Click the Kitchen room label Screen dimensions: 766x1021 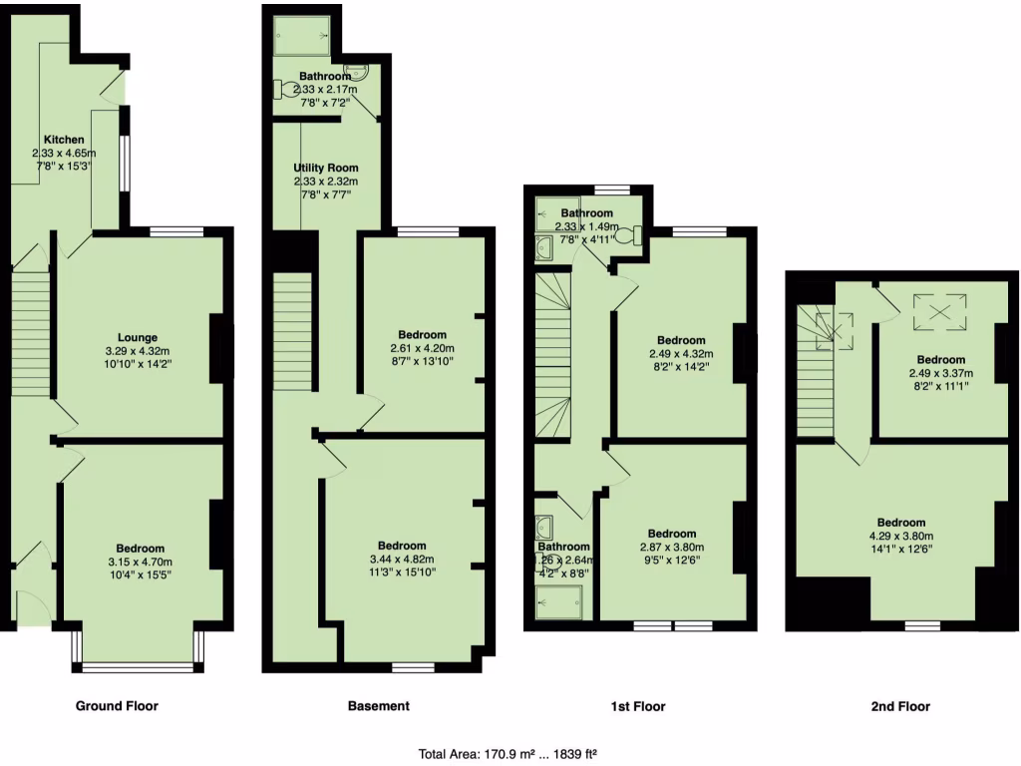click(x=64, y=140)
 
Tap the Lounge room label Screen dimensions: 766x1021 click(x=138, y=338)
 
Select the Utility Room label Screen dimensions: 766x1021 click(x=325, y=168)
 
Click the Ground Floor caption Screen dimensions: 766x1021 click(x=117, y=706)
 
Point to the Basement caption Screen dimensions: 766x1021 click(x=378, y=706)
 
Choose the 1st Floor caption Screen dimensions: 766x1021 click(x=638, y=706)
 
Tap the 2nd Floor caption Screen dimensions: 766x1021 click(x=899, y=706)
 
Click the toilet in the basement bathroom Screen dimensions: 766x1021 click(x=285, y=89)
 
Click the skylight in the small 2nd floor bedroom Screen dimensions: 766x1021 click(x=941, y=310)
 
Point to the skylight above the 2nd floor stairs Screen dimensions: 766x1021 click(x=834, y=330)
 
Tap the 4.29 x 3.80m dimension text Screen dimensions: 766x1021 click(x=900, y=537)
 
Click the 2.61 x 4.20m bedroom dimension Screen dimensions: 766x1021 click(x=422, y=349)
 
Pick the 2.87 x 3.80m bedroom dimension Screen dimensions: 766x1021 click(x=671, y=548)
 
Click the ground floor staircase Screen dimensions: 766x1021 click(x=30, y=329)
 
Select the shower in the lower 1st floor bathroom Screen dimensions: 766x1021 click(x=559, y=600)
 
